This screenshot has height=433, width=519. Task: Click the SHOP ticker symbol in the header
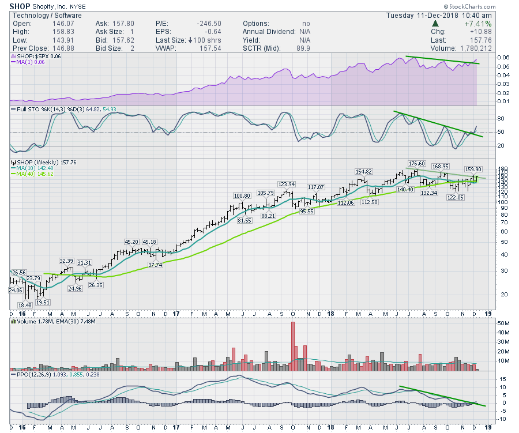20,6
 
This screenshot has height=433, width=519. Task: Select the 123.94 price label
286,185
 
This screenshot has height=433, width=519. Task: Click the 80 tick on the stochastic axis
485,119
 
